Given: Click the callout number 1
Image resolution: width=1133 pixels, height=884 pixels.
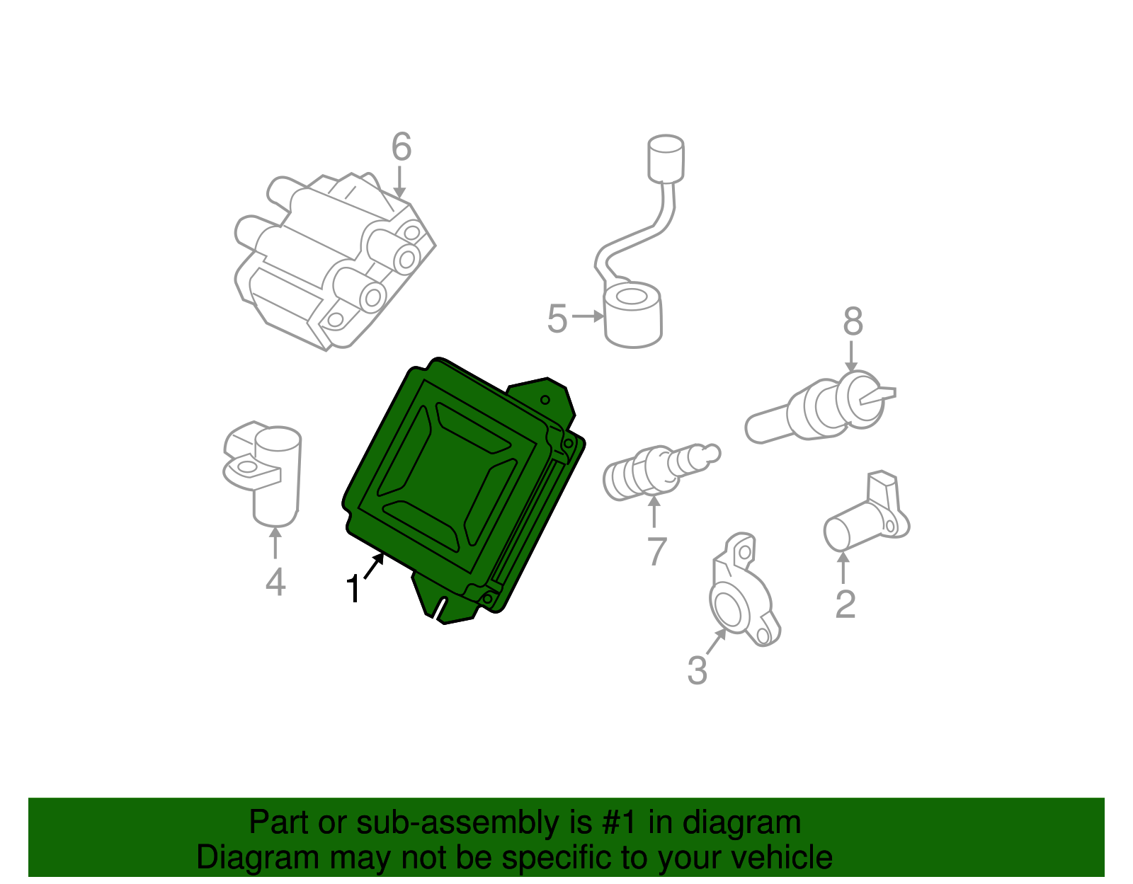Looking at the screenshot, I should coord(353,589).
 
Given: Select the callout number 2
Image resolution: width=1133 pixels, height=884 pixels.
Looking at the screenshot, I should coord(845,604).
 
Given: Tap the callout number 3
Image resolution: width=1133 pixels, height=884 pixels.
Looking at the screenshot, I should coord(697,670).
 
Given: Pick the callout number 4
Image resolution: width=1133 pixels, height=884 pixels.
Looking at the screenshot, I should coord(275,582).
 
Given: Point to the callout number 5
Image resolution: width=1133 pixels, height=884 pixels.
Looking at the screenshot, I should coord(557,318).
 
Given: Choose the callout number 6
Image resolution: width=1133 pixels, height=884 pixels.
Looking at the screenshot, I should coord(401,147).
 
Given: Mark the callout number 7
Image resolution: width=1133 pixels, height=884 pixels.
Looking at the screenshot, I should coord(657,551).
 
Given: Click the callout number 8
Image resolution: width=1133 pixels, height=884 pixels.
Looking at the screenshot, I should coord(853,321).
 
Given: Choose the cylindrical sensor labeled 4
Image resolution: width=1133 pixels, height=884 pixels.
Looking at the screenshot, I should coord(273,474).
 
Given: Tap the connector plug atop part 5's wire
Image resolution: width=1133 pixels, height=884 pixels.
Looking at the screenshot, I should coord(666,158).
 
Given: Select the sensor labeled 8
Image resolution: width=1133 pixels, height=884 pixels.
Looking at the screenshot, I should coord(821,411).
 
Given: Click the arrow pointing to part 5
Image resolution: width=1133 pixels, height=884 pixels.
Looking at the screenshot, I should coord(587,316).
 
